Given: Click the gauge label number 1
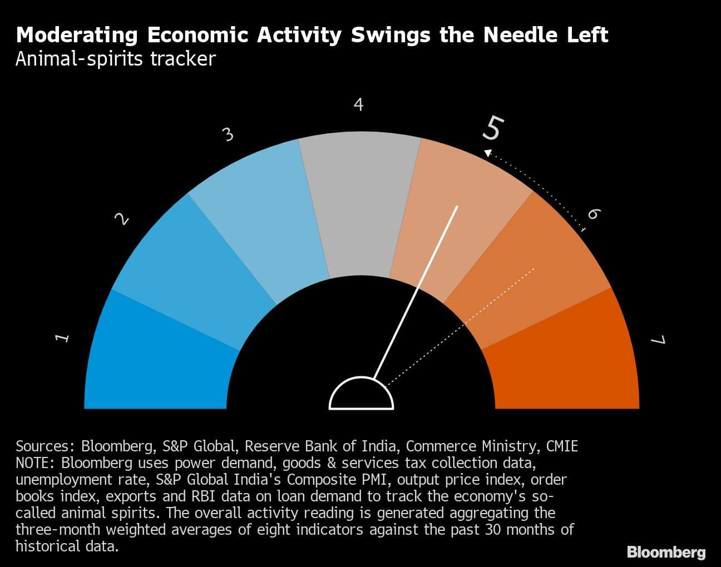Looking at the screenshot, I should pos(63,337).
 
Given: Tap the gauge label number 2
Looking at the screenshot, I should pos(122,220).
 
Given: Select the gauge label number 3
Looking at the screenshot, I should pos(228,135).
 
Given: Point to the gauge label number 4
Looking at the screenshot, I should pos(359,105).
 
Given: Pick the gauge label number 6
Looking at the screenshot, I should pos(594,214).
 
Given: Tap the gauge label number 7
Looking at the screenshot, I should pos(658,340).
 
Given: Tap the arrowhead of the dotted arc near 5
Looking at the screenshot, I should pos(488,152).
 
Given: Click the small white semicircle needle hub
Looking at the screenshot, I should pos(361,395).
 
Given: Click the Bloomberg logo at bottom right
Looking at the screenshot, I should pos(666,552).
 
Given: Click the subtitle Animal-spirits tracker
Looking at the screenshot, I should pos(115,59).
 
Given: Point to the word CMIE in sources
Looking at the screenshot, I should pos(562,446).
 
